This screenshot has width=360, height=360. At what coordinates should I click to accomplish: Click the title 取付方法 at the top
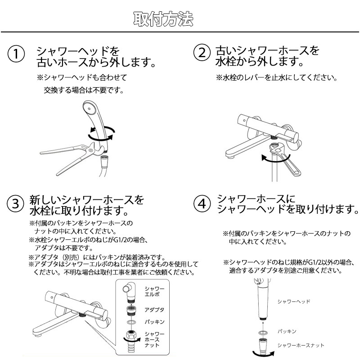coord(163,19)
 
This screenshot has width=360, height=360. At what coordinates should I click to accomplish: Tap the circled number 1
coord(16,54)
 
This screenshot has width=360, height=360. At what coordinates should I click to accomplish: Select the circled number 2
coord(202,53)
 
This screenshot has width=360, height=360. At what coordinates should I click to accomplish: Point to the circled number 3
coord(15,203)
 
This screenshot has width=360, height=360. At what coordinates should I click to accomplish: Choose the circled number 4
coord(202,203)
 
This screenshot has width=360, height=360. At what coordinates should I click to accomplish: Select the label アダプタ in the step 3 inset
coord(154,310)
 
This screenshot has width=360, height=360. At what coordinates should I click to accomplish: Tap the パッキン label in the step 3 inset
coord(154,322)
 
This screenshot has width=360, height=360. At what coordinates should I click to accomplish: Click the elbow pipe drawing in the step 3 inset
coord(130,291)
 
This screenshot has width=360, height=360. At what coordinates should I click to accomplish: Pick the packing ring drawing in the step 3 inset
coord(131,322)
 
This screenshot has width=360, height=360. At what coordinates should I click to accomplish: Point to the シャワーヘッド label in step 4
coord(294,301)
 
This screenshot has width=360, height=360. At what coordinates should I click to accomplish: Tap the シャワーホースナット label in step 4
coord(301,345)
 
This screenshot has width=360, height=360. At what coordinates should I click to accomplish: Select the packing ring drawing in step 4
coord(263,332)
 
